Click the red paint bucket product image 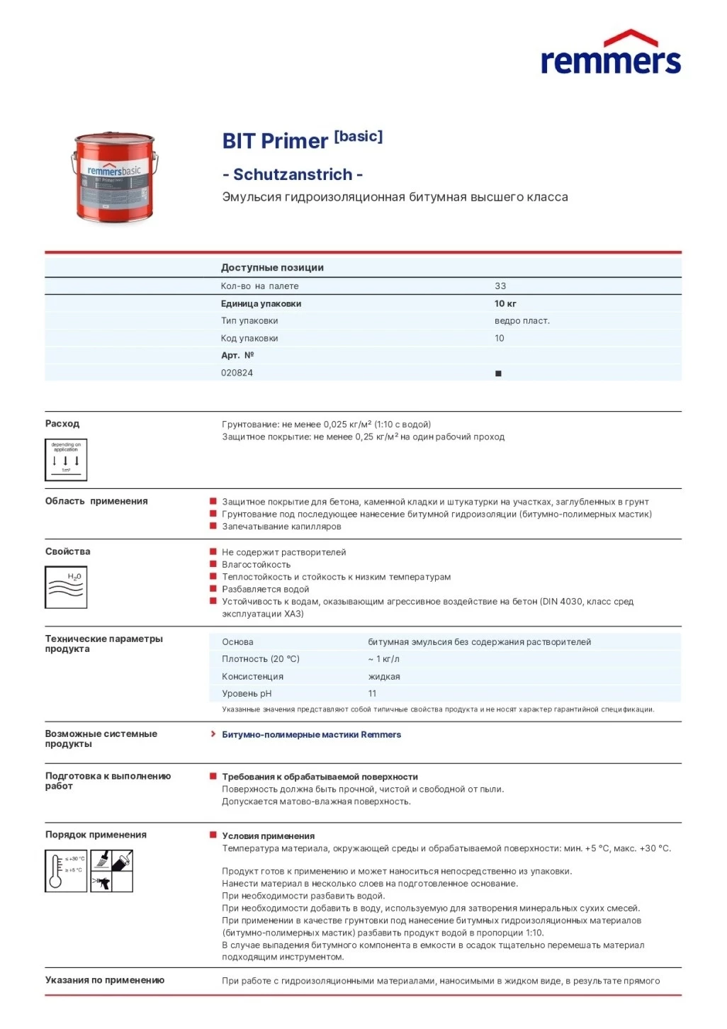[x=114, y=177]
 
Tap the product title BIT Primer [x=275, y=141]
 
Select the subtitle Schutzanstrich [x=293, y=174]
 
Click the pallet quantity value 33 [x=500, y=286]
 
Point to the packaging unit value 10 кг [x=505, y=304]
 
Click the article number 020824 [x=237, y=373]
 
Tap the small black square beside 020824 [x=498, y=373]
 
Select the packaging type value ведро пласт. [x=522, y=321]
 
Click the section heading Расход [x=62, y=424]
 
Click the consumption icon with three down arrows [x=66, y=459]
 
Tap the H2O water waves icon [x=66, y=587]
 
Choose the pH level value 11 [x=372, y=694]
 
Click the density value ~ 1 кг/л [x=383, y=659]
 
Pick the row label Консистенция [x=252, y=677]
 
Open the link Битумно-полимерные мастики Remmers [x=311, y=735]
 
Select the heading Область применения [x=96, y=501]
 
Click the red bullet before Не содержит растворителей [x=213, y=552]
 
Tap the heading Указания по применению [x=105, y=980]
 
